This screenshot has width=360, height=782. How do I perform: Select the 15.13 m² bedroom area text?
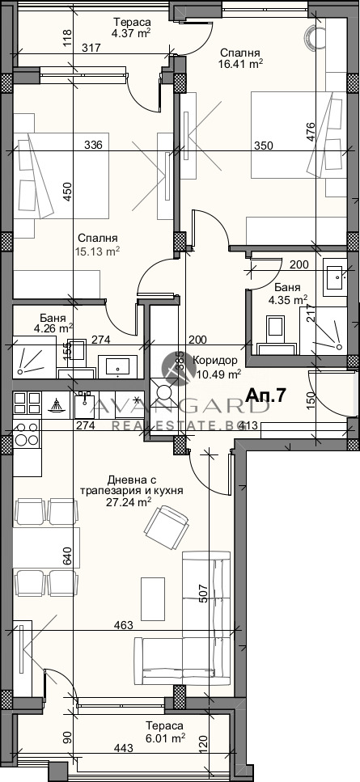100,251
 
